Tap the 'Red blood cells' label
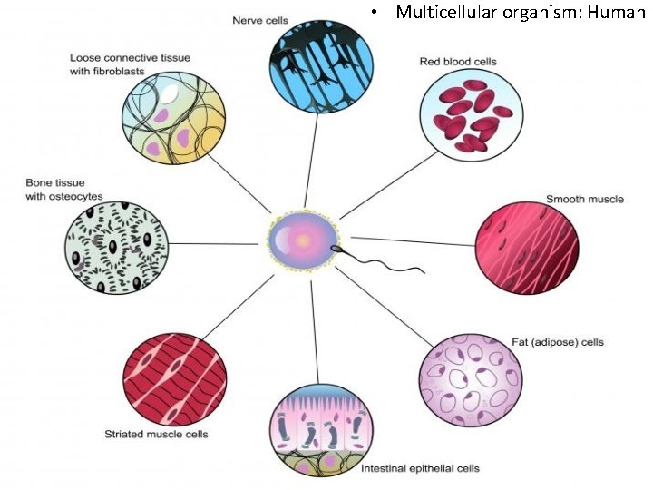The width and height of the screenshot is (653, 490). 457,62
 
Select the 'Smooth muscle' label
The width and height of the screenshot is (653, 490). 584,199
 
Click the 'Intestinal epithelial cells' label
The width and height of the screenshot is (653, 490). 420,468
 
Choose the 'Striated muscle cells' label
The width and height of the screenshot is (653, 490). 168,434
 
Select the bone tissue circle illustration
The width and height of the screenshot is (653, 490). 116,243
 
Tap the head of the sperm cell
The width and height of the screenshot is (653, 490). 336,246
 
